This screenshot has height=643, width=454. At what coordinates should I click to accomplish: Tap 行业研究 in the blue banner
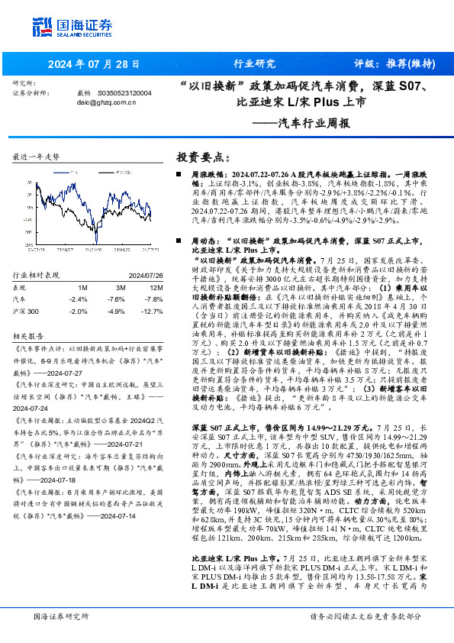(x=253, y=63)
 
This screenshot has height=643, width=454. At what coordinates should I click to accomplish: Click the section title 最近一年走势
(x=37, y=156)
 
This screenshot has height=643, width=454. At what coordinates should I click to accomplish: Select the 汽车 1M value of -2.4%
(x=78, y=299)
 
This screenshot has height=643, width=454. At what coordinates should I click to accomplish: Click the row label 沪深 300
(x=26, y=312)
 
